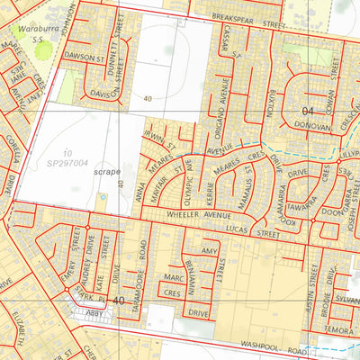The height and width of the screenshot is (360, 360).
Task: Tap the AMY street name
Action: tap(210, 251)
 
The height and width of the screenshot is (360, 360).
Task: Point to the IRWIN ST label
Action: tap(166, 138)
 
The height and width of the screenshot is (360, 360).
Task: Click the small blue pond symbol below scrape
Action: tap(101, 196)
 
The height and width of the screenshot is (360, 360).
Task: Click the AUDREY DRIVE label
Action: tap(88, 257)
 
